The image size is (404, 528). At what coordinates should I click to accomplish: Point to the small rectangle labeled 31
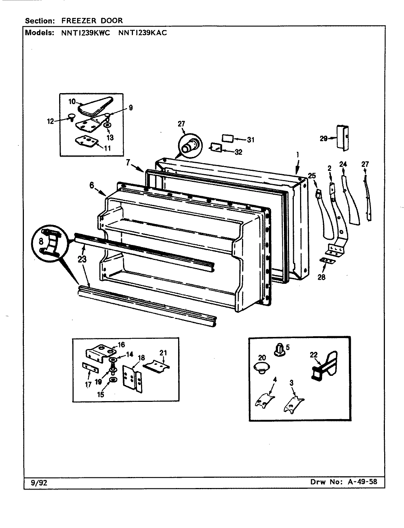click(228, 139)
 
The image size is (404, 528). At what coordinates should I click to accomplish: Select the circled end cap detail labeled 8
click(51, 243)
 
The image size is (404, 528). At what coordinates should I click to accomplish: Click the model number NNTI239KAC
click(143, 33)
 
